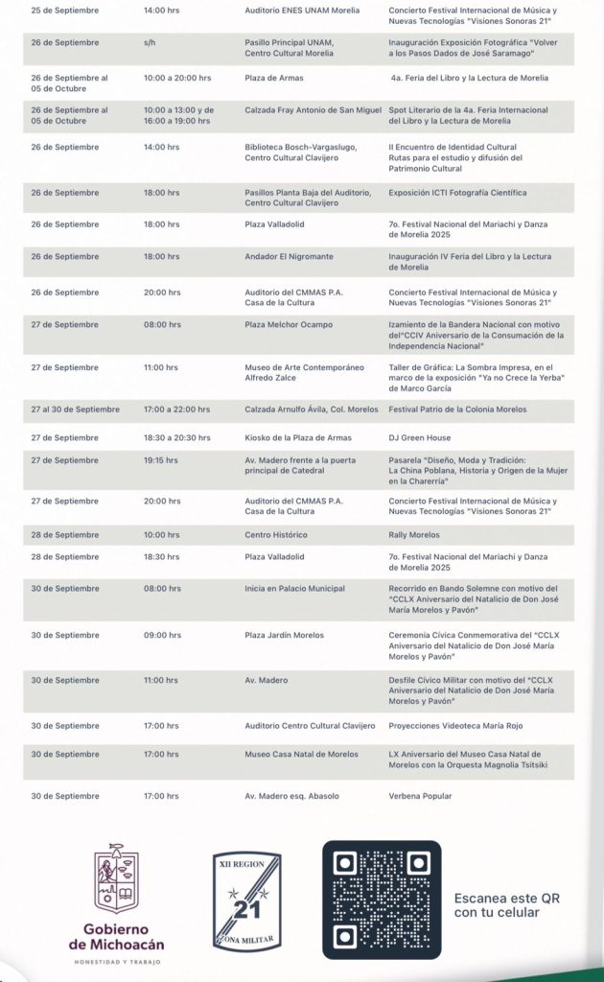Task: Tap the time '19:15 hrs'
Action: [160, 460]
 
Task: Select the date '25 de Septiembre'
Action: [64, 10]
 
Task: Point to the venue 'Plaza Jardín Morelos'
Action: [285, 636]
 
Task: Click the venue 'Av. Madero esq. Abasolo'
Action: [291, 796]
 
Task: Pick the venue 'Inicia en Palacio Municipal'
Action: [294, 589]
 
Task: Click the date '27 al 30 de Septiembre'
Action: [76, 409]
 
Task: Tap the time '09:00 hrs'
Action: [161, 636]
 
